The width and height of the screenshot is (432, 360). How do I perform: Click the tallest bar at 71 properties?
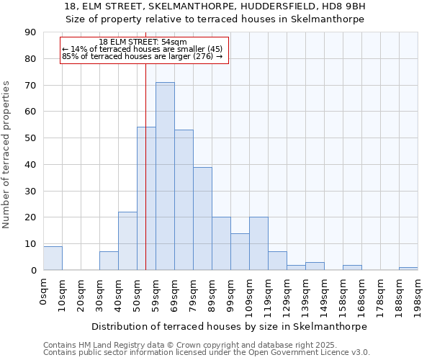point(165,176)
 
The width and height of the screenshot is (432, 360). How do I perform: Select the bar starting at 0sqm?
point(53,258)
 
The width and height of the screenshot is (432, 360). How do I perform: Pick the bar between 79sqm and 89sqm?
point(202,219)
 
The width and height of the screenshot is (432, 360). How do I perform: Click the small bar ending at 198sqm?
point(408,269)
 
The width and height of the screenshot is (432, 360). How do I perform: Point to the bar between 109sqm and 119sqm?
point(258,243)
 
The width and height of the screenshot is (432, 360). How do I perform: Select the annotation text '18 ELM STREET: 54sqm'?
point(143,42)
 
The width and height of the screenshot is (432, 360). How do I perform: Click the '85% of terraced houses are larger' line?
point(143,56)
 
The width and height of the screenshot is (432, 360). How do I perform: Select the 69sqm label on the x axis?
point(174,292)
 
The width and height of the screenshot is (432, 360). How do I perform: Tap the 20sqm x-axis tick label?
point(81,292)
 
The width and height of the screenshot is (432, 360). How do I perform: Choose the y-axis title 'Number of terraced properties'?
point(7,155)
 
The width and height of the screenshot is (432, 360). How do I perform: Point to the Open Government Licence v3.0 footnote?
point(207,352)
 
